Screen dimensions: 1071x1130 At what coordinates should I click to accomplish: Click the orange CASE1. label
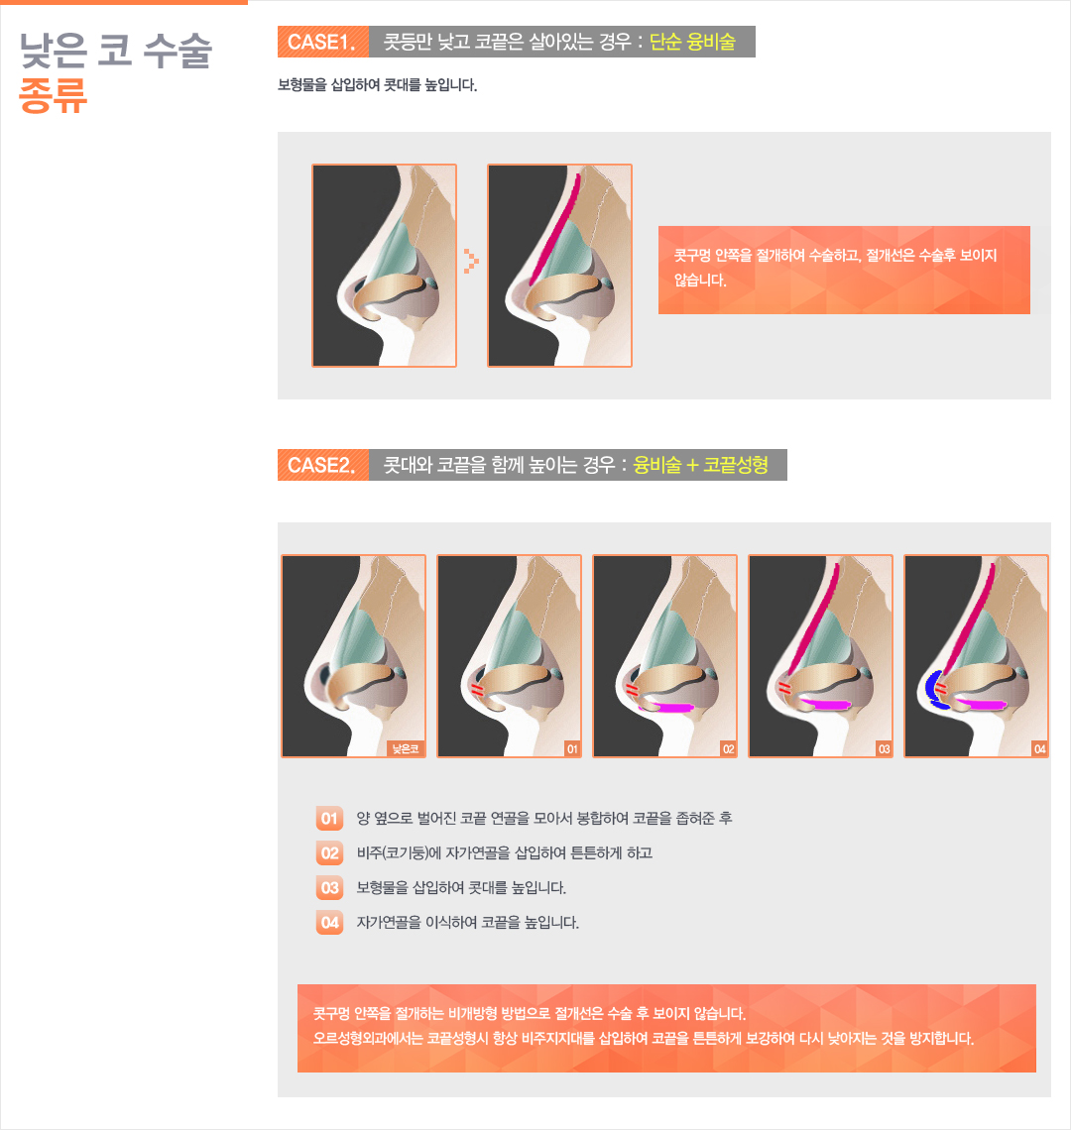click(322, 42)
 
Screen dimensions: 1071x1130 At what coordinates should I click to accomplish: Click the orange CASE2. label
click(322, 465)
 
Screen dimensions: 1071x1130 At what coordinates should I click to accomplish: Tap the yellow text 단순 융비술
click(692, 42)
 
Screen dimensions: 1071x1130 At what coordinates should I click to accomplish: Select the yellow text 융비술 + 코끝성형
click(700, 465)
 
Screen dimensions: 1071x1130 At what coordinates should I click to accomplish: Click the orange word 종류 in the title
click(53, 95)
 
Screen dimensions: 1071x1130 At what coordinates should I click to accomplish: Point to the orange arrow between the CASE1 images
click(471, 260)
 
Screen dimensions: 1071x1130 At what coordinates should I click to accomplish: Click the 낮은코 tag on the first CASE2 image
click(406, 748)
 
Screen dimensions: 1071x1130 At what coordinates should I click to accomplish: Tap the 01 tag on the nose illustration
click(572, 748)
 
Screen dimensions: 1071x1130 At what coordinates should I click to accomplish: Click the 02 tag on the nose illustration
click(728, 748)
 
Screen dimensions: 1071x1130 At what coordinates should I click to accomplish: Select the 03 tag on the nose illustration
click(884, 748)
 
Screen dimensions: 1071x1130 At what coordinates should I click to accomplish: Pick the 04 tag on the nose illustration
click(1039, 748)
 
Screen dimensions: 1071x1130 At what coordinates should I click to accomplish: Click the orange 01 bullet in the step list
click(329, 819)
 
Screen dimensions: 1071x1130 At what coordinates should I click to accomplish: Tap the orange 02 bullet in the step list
click(329, 853)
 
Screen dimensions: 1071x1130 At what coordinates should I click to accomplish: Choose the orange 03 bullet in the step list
click(329, 888)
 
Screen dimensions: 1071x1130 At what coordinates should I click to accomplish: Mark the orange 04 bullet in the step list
click(329, 923)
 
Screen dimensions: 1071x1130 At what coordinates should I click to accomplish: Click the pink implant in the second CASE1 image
click(556, 227)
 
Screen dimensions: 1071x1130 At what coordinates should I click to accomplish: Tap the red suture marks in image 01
click(476, 690)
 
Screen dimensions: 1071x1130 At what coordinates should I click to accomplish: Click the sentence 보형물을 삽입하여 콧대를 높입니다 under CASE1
click(377, 85)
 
